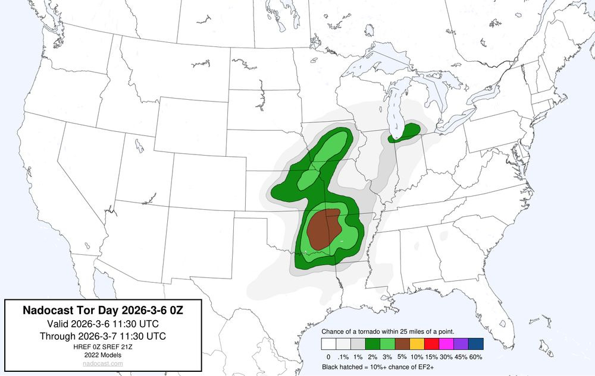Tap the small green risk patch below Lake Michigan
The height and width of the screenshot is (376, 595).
coord(405,133)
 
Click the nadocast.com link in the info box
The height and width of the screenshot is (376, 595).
coord(103,364)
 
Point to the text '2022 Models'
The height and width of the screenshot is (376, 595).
coord(103,355)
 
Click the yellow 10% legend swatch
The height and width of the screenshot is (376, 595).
coord(417,343)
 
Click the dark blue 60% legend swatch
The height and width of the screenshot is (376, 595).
coord(476,343)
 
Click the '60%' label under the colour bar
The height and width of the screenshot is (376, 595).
coord(476,357)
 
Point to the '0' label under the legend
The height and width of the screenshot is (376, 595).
coord(328,357)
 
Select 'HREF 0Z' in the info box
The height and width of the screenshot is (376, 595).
coord(84,347)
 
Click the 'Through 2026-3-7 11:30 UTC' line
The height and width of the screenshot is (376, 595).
coord(103,336)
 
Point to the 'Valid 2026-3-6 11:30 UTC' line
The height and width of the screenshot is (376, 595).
coord(103,324)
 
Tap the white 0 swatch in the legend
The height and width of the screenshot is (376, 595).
coord(328,343)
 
